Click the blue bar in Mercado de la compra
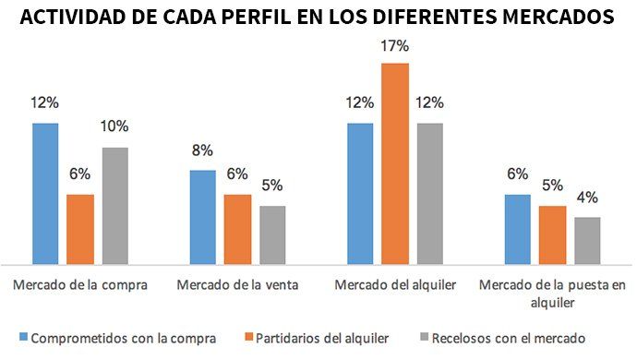tap(45, 194)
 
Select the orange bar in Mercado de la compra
tap(80, 229)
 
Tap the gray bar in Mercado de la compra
tap(114, 206)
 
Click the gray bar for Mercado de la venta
tap(271, 235)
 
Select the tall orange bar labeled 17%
tap(395, 164)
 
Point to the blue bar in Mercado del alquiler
tap(360, 194)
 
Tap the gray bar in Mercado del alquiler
tap(429, 194)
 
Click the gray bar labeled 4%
tap(587, 241)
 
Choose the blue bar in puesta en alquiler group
tap(517, 229)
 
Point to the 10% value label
tap(115, 126)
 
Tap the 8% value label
tap(202, 150)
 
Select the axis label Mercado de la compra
tap(80, 284)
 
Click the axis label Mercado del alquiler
tap(395, 284)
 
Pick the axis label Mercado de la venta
tap(237, 284)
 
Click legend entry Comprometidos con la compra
tap(124, 338)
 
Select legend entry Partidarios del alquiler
tap(320, 338)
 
